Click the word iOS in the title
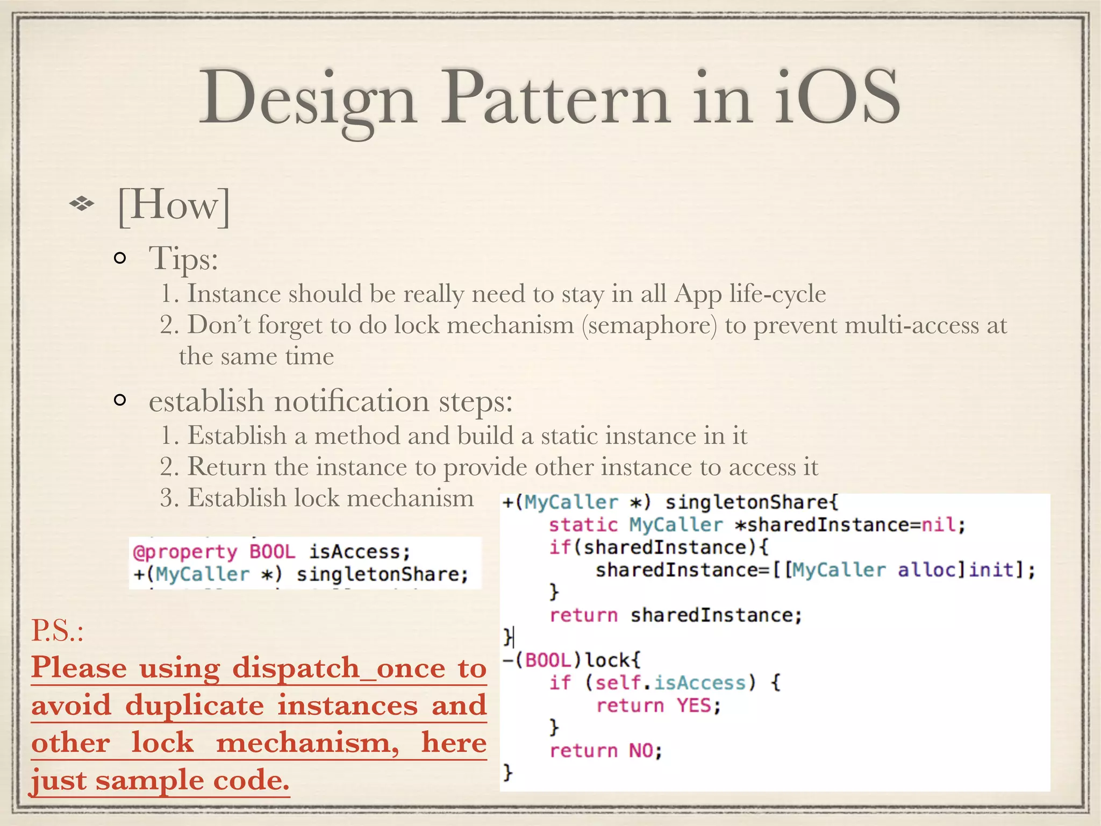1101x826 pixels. (837, 98)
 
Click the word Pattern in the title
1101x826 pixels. (556, 98)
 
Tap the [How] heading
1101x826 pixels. (174, 204)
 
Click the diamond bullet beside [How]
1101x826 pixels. (82, 204)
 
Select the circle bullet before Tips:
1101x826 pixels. (120, 259)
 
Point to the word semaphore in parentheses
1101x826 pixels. (649, 325)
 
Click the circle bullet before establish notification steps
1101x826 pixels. (120, 400)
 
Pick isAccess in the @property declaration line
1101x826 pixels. (359, 552)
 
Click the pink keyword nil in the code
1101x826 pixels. (938, 524)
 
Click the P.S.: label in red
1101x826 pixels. (58, 630)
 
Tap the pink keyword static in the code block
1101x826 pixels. (583, 524)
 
